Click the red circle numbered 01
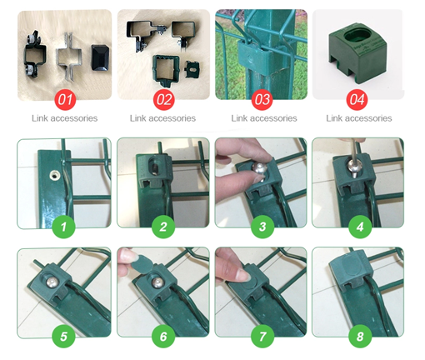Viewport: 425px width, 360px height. tap(65, 99)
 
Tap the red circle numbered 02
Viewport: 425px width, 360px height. tap(164, 99)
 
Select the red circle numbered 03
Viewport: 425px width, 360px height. tap(262, 99)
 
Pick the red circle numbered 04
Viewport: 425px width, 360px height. tap(357, 99)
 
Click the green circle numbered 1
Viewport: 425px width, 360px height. tap(63, 227)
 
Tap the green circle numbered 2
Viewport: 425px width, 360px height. tap(163, 227)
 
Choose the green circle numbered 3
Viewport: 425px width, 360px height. tap(262, 227)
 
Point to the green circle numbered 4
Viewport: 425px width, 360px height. tap(360, 227)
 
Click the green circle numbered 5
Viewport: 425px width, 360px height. tap(63, 336)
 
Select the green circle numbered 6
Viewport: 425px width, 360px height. tap(163, 336)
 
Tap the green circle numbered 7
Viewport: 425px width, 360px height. tap(262, 336)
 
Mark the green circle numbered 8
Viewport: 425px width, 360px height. tap(360, 336)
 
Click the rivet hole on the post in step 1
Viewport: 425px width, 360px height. tap(55, 175)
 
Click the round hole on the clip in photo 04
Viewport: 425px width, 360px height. tap(357, 37)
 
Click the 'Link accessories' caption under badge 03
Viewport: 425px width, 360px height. tap(264, 118)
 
